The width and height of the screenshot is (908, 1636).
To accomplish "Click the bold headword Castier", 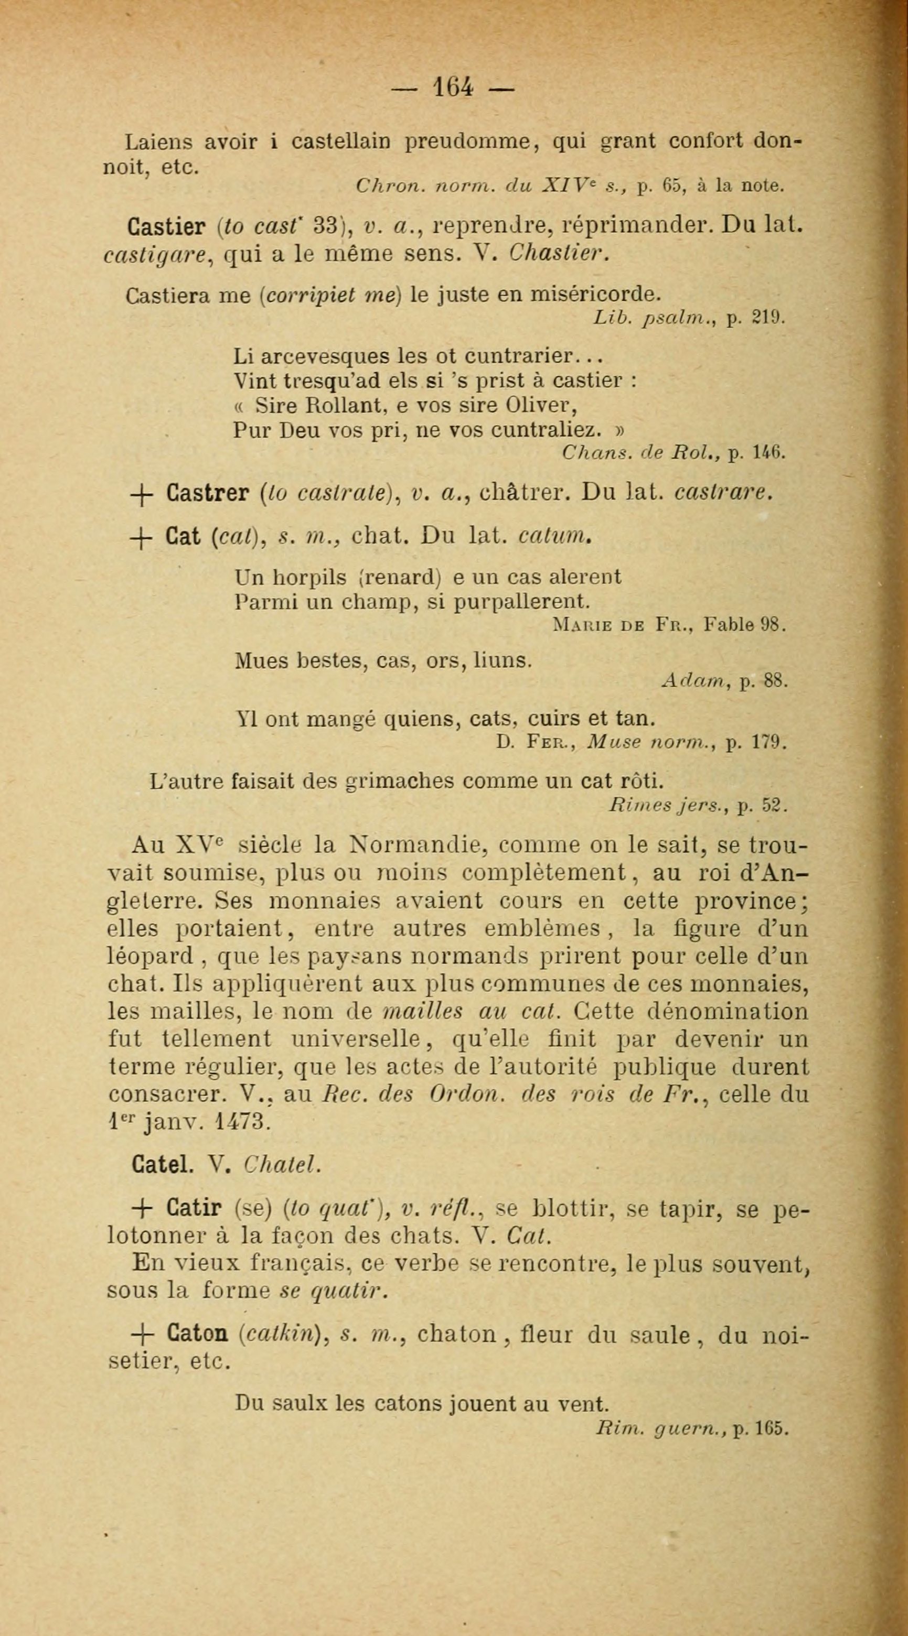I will coord(166,227).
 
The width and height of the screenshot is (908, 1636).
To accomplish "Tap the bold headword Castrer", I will coord(207,493).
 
